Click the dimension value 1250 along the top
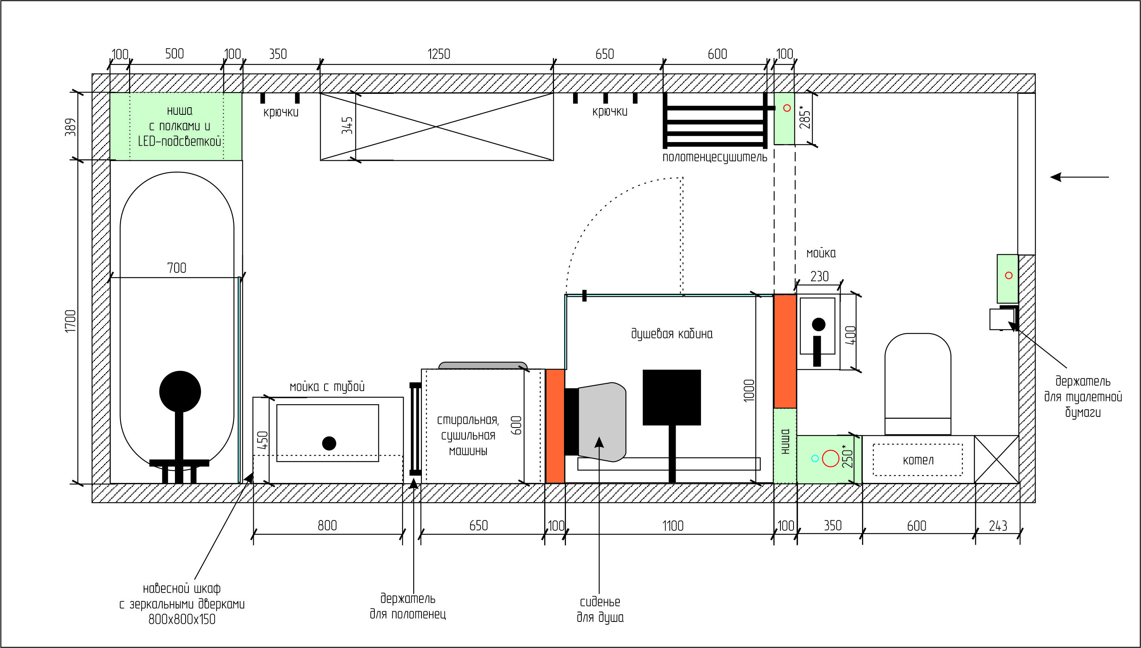439,54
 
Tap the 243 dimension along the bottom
998,526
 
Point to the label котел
918,460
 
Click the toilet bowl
918,384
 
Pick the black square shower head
672,397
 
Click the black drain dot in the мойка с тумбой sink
329,443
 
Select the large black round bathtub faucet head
180,391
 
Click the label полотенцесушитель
715,158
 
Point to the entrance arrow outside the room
1080,177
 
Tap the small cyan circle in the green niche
815,458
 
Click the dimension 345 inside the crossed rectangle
347,125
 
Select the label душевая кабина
672,334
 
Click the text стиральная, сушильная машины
468,435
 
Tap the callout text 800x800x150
182,619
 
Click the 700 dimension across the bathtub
177,268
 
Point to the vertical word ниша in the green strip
785,441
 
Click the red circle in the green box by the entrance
1009,276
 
